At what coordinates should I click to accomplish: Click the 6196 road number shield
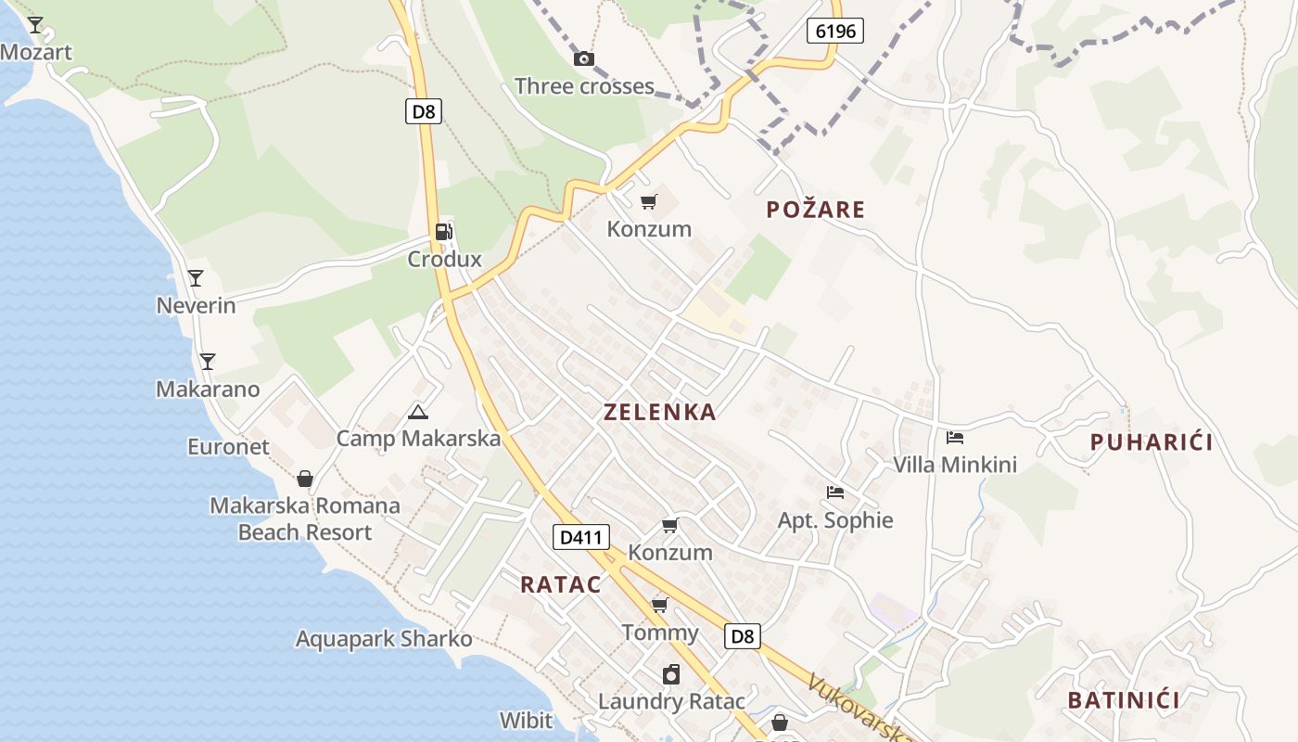(x=834, y=31)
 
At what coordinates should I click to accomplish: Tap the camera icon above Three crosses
(x=584, y=59)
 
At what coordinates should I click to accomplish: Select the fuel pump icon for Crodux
(x=444, y=232)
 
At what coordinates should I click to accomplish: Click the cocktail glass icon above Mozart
(x=35, y=25)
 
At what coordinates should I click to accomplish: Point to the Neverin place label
(x=196, y=305)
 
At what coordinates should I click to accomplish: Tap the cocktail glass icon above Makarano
(x=208, y=362)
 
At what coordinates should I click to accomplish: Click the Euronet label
(x=228, y=446)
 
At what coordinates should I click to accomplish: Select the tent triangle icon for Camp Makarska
(x=417, y=412)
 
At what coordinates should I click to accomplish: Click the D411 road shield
(x=581, y=536)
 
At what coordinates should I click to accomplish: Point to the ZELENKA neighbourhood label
(x=660, y=413)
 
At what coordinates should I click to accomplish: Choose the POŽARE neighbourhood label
(x=816, y=210)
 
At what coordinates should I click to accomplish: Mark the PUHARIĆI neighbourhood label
(x=1152, y=442)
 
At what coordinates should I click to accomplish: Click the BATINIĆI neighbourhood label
(x=1124, y=700)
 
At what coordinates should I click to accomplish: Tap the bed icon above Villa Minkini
(x=955, y=438)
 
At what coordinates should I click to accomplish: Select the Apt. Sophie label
(x=835, y=520)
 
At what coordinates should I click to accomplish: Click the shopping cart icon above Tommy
(x=660, y=606)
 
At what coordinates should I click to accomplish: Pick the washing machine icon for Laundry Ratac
(x=670, y=674)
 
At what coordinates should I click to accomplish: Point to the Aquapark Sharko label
(x=384, y=639)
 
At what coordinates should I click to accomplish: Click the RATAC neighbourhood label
(x=560, y=584)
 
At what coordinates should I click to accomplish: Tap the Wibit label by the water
(x=526, y=720)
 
